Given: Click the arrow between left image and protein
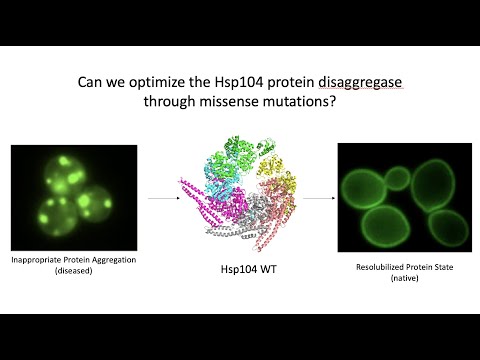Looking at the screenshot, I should [163, 198].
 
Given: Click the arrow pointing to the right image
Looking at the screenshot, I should [319, 198].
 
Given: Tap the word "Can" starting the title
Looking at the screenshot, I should [91, 85].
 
